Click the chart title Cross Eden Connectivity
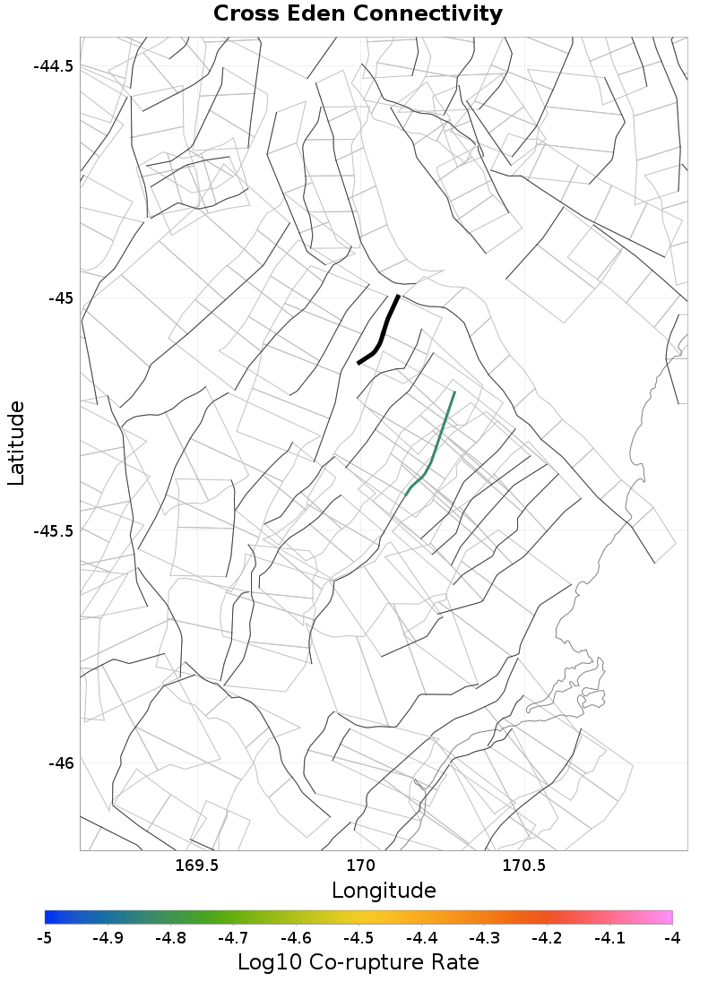(358, 14)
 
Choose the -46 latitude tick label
(60, 763)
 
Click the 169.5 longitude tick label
(196, 866)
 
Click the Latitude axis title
(17, 444)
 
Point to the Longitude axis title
(384, 891)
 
